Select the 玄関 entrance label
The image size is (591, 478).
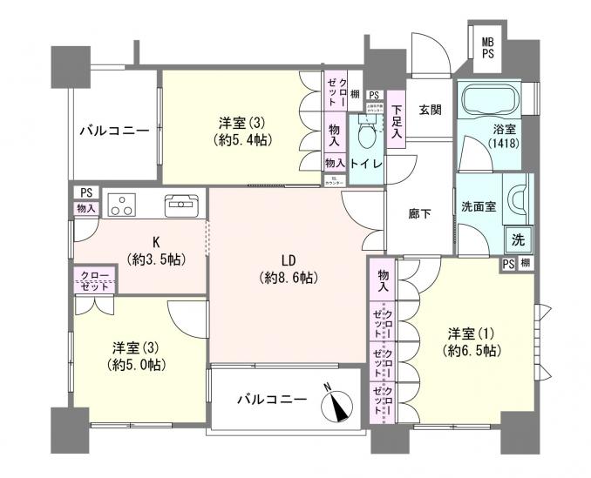429,109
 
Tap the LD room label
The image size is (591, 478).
287,260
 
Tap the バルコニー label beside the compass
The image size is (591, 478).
272,400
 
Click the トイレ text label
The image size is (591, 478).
365,162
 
